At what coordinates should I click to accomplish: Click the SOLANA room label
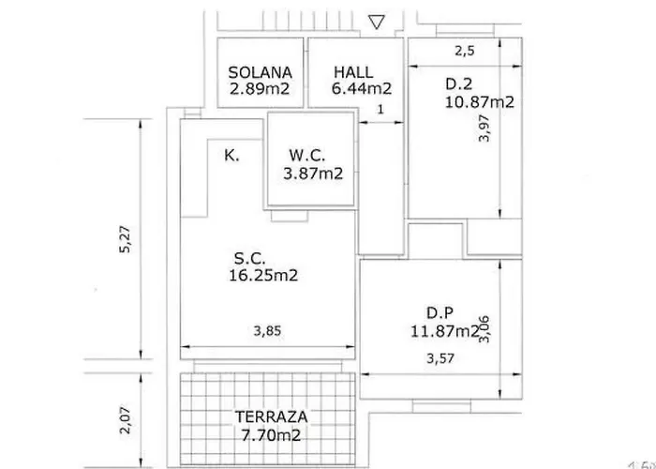[261, 72]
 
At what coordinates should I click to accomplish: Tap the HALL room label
[353, 72]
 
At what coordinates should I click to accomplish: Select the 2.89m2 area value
[261, 89]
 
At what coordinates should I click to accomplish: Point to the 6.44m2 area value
[360, 89]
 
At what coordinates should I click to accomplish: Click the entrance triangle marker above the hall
[378, 23]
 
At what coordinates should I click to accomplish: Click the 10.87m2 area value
[479, 102]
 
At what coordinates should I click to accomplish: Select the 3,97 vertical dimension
[485, 147]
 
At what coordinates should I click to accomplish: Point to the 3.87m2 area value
[313, 173]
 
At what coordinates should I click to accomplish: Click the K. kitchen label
[231, 156]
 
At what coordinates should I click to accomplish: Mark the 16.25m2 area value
[263, 276]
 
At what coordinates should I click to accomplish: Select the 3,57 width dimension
[440, 357]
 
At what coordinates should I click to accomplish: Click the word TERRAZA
[266, 418]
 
